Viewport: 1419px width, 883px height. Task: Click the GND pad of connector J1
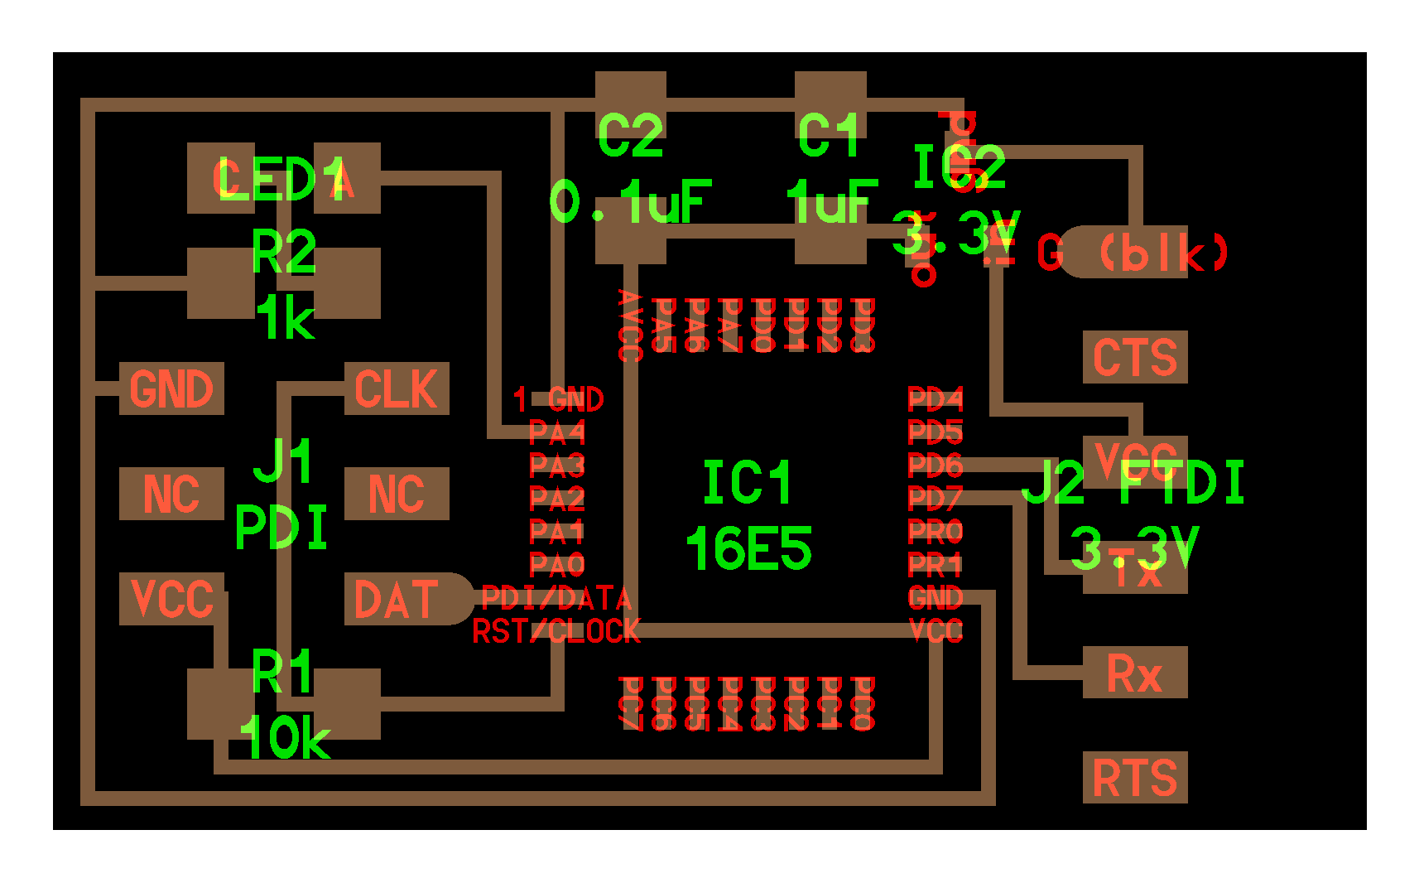(x=171, y=388)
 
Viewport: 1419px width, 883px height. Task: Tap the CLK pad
(x=397, y=388)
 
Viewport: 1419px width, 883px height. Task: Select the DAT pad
(x=397, y=599)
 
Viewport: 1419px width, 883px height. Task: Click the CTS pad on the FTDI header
(x=1135, y=357)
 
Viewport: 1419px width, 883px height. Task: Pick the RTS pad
(x=1135, y=778)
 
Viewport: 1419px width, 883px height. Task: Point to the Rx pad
(x=1135, y=673)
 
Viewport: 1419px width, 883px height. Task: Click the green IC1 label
(x=747, y=483)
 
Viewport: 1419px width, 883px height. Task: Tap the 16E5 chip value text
(x=748, y=548)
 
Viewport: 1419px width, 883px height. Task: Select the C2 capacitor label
(x=630, y=137)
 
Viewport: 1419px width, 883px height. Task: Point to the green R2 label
(x=284, y=253)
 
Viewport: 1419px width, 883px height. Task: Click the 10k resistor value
(x=284, y=737)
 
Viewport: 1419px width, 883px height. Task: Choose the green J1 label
(x=284, y=461)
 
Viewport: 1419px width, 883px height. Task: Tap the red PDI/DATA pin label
(x=556, y=598)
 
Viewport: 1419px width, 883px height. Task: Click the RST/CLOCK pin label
(x=556, y=632)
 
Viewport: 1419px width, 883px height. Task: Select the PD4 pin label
(x=936, y=400)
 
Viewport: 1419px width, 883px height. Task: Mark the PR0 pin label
(x=936, y=531)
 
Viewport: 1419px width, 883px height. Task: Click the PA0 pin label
(x=557, y=566)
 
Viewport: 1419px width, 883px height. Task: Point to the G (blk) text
(x=1133, y=253)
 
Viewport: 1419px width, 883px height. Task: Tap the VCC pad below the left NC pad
(x=171, y=599)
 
